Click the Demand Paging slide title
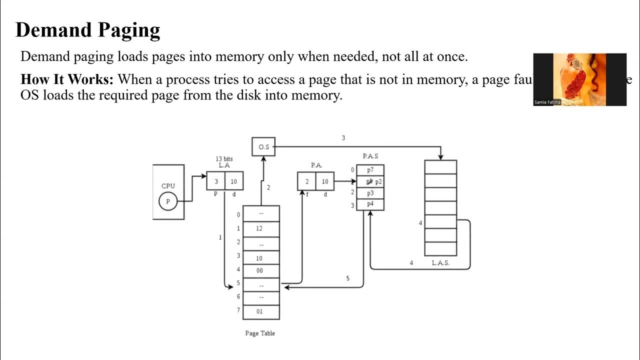pos(87,30)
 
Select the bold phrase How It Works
pos(67,80)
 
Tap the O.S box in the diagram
pos(263,147)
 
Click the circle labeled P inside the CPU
pos(168,201)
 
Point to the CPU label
pos(168,186)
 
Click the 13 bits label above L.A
pos(224,159)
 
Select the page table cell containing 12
pos(260,228)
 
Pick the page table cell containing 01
pos(260,311)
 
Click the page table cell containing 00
pos(260,270)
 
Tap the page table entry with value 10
pos(260,258)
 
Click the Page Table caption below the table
pos(260,333)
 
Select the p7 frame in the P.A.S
pos(370,170)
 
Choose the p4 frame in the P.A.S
pos(370,204)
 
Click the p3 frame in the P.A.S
pos(370,193)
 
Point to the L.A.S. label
pos(440,263)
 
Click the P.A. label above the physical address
pos(316,165)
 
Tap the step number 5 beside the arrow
pos(348,278)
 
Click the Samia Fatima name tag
pos(547,102)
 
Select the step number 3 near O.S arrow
pos(343,138)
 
